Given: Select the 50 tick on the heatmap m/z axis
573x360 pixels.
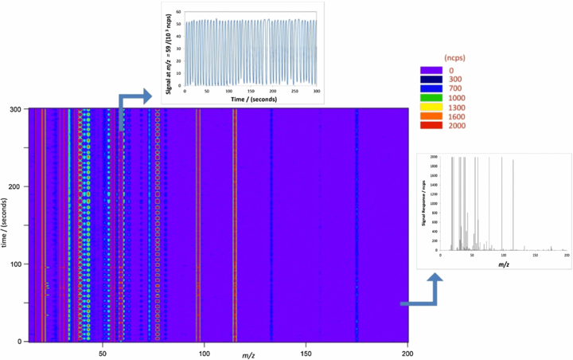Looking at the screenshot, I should coord(102,352).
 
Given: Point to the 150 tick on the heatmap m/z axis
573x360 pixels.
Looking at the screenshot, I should coord(306,352).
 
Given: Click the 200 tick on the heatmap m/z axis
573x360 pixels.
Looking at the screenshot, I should coord(407,352).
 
